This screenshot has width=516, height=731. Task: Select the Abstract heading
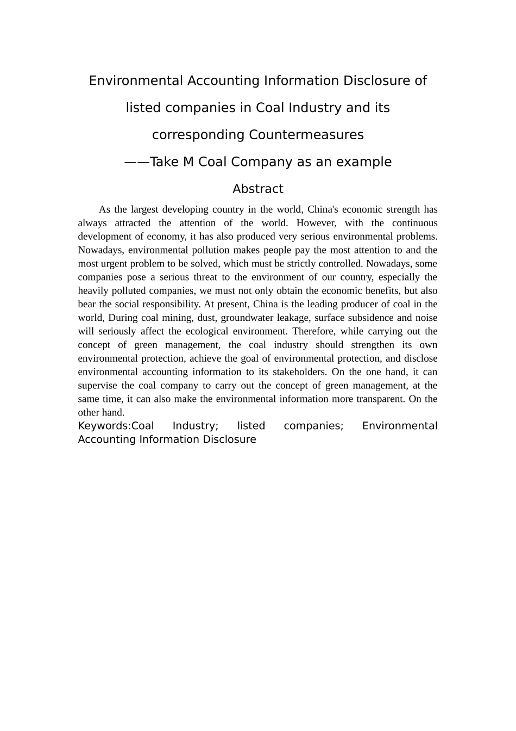[258, 189]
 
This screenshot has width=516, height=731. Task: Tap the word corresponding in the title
[198, 135]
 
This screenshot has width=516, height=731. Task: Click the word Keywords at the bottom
[103, 426]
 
